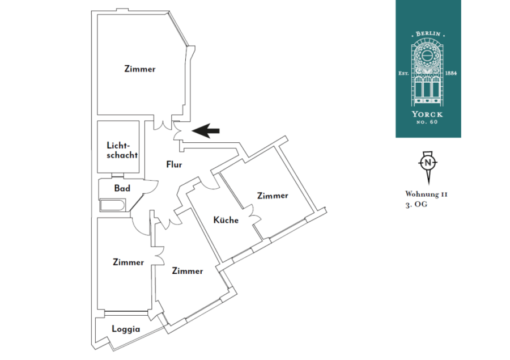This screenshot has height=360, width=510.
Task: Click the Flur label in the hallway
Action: point(174,164)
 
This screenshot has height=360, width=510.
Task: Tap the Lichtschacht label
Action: point(122,150)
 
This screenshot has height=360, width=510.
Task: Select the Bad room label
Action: point(122,188)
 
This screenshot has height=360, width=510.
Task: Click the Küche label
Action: point(226,220)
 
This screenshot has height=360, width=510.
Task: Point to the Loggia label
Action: point(126,329)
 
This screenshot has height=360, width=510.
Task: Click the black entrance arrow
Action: point(206,131)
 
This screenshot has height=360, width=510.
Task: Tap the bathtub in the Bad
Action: point(112,206)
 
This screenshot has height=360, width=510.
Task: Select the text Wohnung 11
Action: point(426,194)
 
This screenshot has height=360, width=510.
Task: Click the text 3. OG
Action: point(416,205)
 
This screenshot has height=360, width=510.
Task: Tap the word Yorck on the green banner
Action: point(427,115)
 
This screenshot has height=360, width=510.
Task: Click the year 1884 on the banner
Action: point(451,73)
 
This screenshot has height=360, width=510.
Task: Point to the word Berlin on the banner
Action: point(428,34)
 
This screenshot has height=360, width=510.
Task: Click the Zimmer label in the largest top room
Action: point(140,69)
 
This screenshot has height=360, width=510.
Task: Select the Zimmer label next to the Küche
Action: point(273,196)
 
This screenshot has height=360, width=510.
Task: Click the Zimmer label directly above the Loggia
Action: point(128,262)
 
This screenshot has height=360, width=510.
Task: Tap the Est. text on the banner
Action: point(403,74)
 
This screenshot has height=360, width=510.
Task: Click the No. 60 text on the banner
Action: point(427,122)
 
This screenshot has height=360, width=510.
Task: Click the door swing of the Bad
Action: point(151,187)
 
